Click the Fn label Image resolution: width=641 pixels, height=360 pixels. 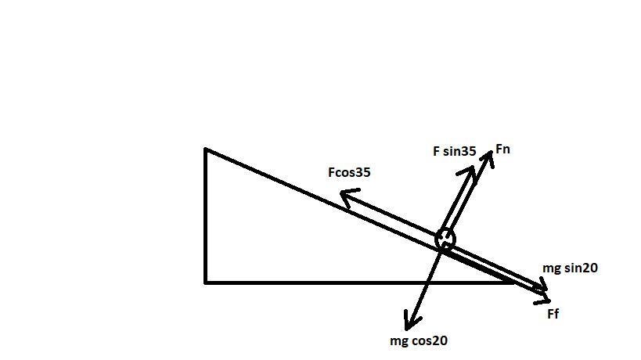503,149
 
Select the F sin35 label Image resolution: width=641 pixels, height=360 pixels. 454,151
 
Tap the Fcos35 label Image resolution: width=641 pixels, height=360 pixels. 349,172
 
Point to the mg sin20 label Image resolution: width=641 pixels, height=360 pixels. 570,268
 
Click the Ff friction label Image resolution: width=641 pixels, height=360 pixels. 553,314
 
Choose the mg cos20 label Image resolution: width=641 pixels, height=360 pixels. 419,340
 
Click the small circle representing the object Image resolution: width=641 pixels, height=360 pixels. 445,238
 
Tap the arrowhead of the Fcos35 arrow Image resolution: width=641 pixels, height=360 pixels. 345,200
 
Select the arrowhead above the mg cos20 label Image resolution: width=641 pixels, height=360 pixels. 409,322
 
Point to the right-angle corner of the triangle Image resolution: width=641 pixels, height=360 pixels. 206,281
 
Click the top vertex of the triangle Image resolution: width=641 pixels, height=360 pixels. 206,149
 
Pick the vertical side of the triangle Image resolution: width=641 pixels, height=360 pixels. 206,215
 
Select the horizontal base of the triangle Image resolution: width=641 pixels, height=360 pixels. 352,282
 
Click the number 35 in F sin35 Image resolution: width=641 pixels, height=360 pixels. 468,151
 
